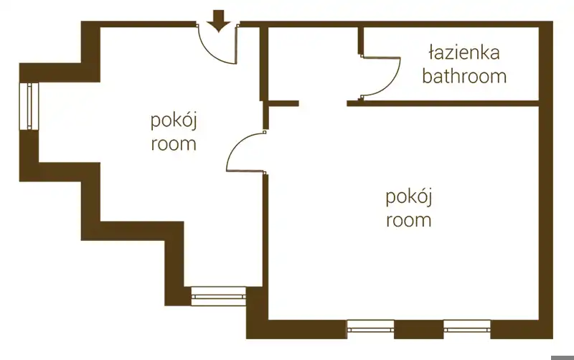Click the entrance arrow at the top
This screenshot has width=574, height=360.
tap(219, 22)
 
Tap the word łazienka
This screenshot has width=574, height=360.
tap(464, 52)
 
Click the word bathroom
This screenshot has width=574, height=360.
tap(464, 76)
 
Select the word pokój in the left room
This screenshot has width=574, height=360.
tap(174, 121)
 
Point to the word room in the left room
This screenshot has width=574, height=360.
tap(174, 144)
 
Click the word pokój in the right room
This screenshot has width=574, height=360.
tap(409, 197)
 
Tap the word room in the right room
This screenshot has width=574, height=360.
tap(409, 221)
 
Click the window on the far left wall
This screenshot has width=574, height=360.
tap(29, 106)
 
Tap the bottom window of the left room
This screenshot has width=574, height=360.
tap(219, 296)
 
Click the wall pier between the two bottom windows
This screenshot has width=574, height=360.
tap(419, 329)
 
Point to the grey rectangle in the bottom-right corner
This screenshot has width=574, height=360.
tap(563, 357)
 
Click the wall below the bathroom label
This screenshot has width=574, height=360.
tap(443, 103)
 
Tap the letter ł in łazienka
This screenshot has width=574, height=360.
tap(431, 52)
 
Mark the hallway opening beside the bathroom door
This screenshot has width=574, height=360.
tap(323, 103)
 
